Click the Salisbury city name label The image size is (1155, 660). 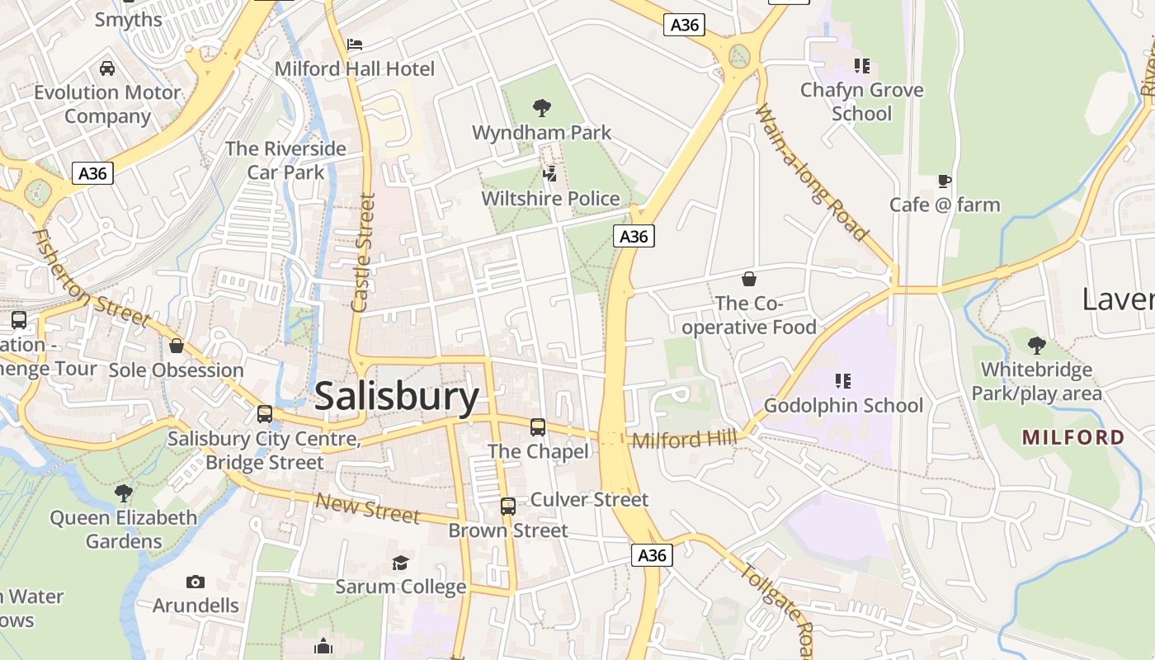(x=397, y=397)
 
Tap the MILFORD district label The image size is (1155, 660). (x=1073, y=437)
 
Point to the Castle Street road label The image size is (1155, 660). (x=364, y=252)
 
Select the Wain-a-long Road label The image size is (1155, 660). (x=812, y=172)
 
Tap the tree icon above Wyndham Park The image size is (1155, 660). (x=542, y=107)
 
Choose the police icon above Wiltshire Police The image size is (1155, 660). (x=550, y=173)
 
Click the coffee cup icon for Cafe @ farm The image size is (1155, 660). (x=945, y=181)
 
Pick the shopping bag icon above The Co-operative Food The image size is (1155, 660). (x=749, y=279)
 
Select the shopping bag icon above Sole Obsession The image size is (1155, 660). (x=176, y=346)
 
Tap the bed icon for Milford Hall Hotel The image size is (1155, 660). (x=355, y=44)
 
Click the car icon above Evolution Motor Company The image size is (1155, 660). (x=106, y=68)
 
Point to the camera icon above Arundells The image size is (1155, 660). (x=196, y=582)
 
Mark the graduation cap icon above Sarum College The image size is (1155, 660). (x=400, y=563)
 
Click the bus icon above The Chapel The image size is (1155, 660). (x=538, y=427)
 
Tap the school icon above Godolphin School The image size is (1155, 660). (x=842, y=380)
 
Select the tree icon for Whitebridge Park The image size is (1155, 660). (x=1036, y=346)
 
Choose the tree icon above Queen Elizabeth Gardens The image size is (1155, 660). (x=124, y=493)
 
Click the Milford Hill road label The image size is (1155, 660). (x=684, y=439)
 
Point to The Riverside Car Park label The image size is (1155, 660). (x=285, y=160)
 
